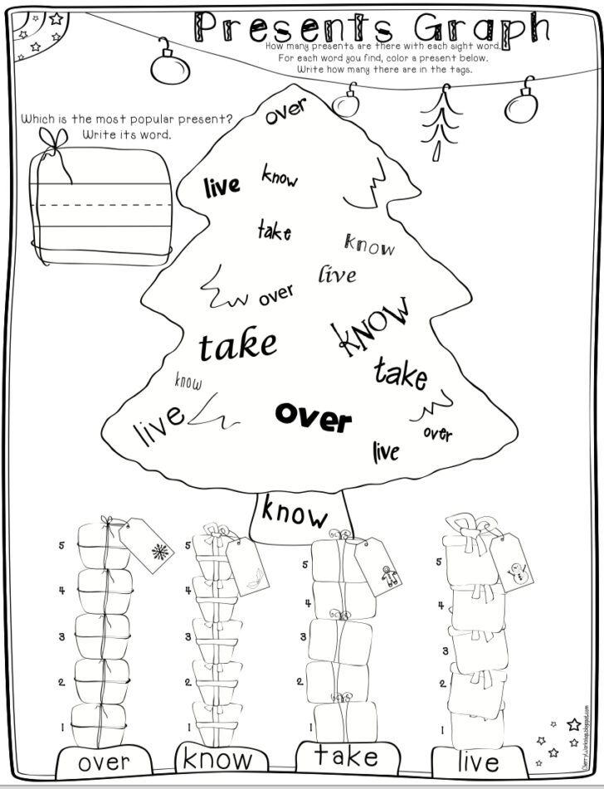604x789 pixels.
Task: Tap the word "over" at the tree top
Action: (286, 111)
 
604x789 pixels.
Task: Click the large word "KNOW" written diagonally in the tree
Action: (372, 327)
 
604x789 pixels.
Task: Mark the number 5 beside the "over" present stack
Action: (61, 546)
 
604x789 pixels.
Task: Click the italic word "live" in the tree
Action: (337, 273)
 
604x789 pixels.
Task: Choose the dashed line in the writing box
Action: (104, 202)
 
